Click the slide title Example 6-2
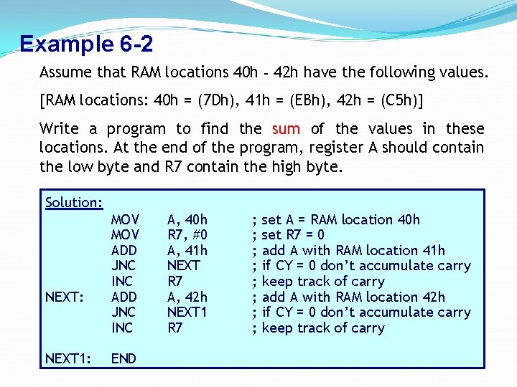(86, 44)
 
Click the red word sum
(286, 129)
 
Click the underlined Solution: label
(74, 202)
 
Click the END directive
(124, 358)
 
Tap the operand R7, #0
(187, 235)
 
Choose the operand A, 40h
(187, 219)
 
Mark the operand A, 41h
(187, 250)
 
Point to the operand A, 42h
(187, 297)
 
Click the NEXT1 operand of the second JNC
(187, 312)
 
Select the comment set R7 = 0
(293, 235)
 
